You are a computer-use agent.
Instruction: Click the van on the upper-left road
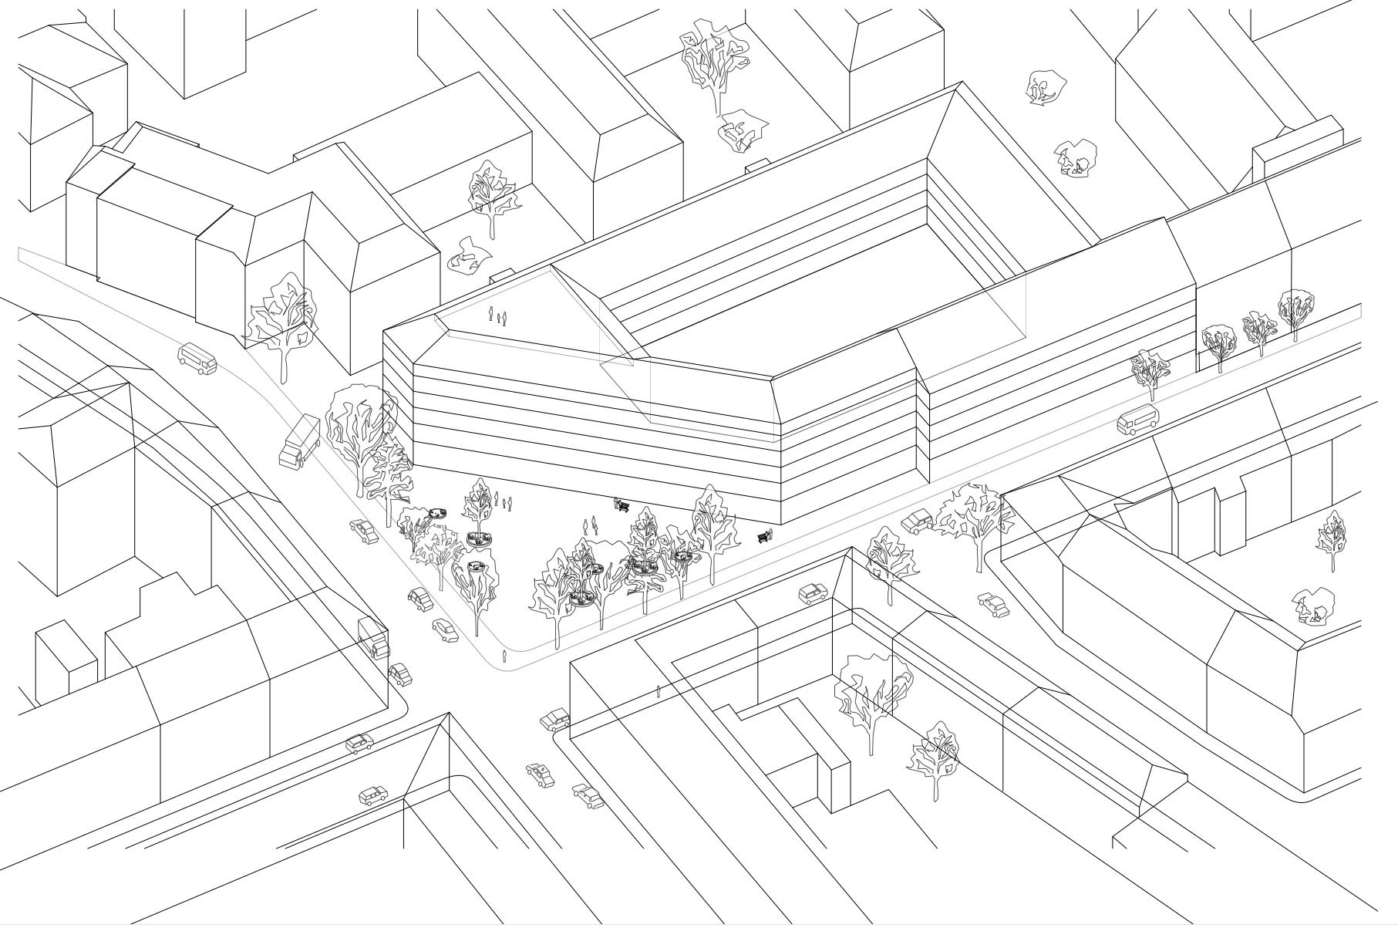pos(197,359)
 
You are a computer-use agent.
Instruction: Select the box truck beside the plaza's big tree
pos(299,441)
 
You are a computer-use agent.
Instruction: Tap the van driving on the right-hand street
pos(1137,420)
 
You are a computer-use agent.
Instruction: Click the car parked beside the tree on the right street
pos(918,522)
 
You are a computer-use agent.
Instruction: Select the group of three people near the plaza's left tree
pos(504,502)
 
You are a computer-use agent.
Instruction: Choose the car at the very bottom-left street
pos(374,795)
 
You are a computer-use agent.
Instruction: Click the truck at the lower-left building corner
pos(374,638)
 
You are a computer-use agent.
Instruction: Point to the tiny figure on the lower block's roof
pos(658,690)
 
